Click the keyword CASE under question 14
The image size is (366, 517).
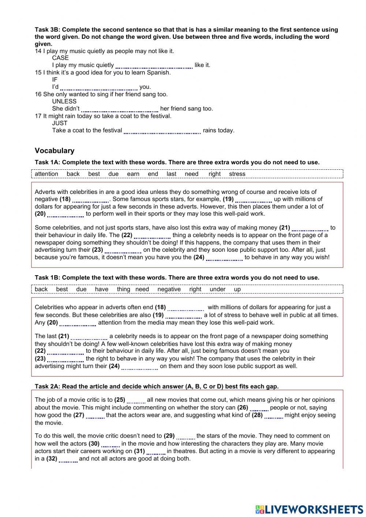60,58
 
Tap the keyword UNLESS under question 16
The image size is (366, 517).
64,101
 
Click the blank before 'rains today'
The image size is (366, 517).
162,131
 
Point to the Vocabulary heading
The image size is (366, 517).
55,151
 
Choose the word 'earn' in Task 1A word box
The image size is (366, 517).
133,174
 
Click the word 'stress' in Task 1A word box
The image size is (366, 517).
237,174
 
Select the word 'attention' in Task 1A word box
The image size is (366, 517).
46,174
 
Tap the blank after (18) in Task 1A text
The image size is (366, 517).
90,200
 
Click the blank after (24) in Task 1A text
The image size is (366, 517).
224,258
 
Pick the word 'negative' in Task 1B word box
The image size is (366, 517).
169,289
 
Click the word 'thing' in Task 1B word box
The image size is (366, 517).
123,289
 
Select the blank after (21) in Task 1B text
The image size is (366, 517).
89,337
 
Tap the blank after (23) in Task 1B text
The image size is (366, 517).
66,359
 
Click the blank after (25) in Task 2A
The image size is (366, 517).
136,401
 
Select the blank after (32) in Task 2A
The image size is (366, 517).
68,460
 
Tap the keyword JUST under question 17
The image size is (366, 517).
60,123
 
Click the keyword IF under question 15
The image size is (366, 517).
55,80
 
